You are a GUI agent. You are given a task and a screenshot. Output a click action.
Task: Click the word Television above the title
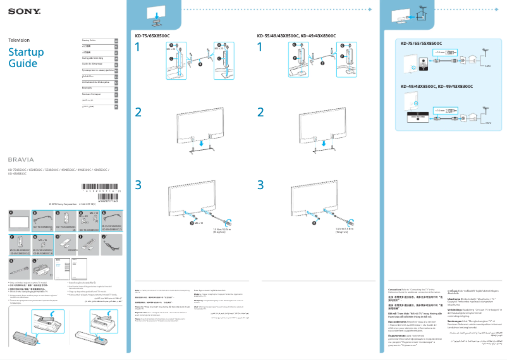19,40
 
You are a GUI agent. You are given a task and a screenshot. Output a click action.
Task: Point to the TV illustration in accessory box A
21,222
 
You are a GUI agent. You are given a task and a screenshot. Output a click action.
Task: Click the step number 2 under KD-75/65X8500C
138,112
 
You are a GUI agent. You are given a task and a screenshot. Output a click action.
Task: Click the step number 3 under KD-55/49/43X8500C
260,184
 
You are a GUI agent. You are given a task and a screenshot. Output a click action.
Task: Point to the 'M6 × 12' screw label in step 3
199,223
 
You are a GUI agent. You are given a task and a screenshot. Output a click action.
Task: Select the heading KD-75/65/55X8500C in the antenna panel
421,43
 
